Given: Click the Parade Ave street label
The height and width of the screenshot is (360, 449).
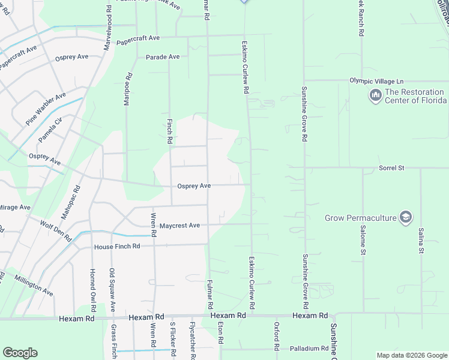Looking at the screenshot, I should [163, 57].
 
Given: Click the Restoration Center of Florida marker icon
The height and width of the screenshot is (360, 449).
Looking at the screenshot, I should [376, 96].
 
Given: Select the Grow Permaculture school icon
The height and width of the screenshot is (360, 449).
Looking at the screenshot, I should [406, 217].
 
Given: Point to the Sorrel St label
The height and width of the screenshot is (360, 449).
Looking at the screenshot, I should [391, 169].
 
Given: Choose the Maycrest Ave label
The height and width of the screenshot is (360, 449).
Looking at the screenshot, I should [179, 226].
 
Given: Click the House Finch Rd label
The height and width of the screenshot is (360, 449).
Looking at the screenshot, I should [117, 247].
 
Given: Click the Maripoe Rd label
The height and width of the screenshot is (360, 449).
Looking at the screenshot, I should [127, 90].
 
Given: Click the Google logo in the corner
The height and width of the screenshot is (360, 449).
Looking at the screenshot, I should [20, 352].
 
